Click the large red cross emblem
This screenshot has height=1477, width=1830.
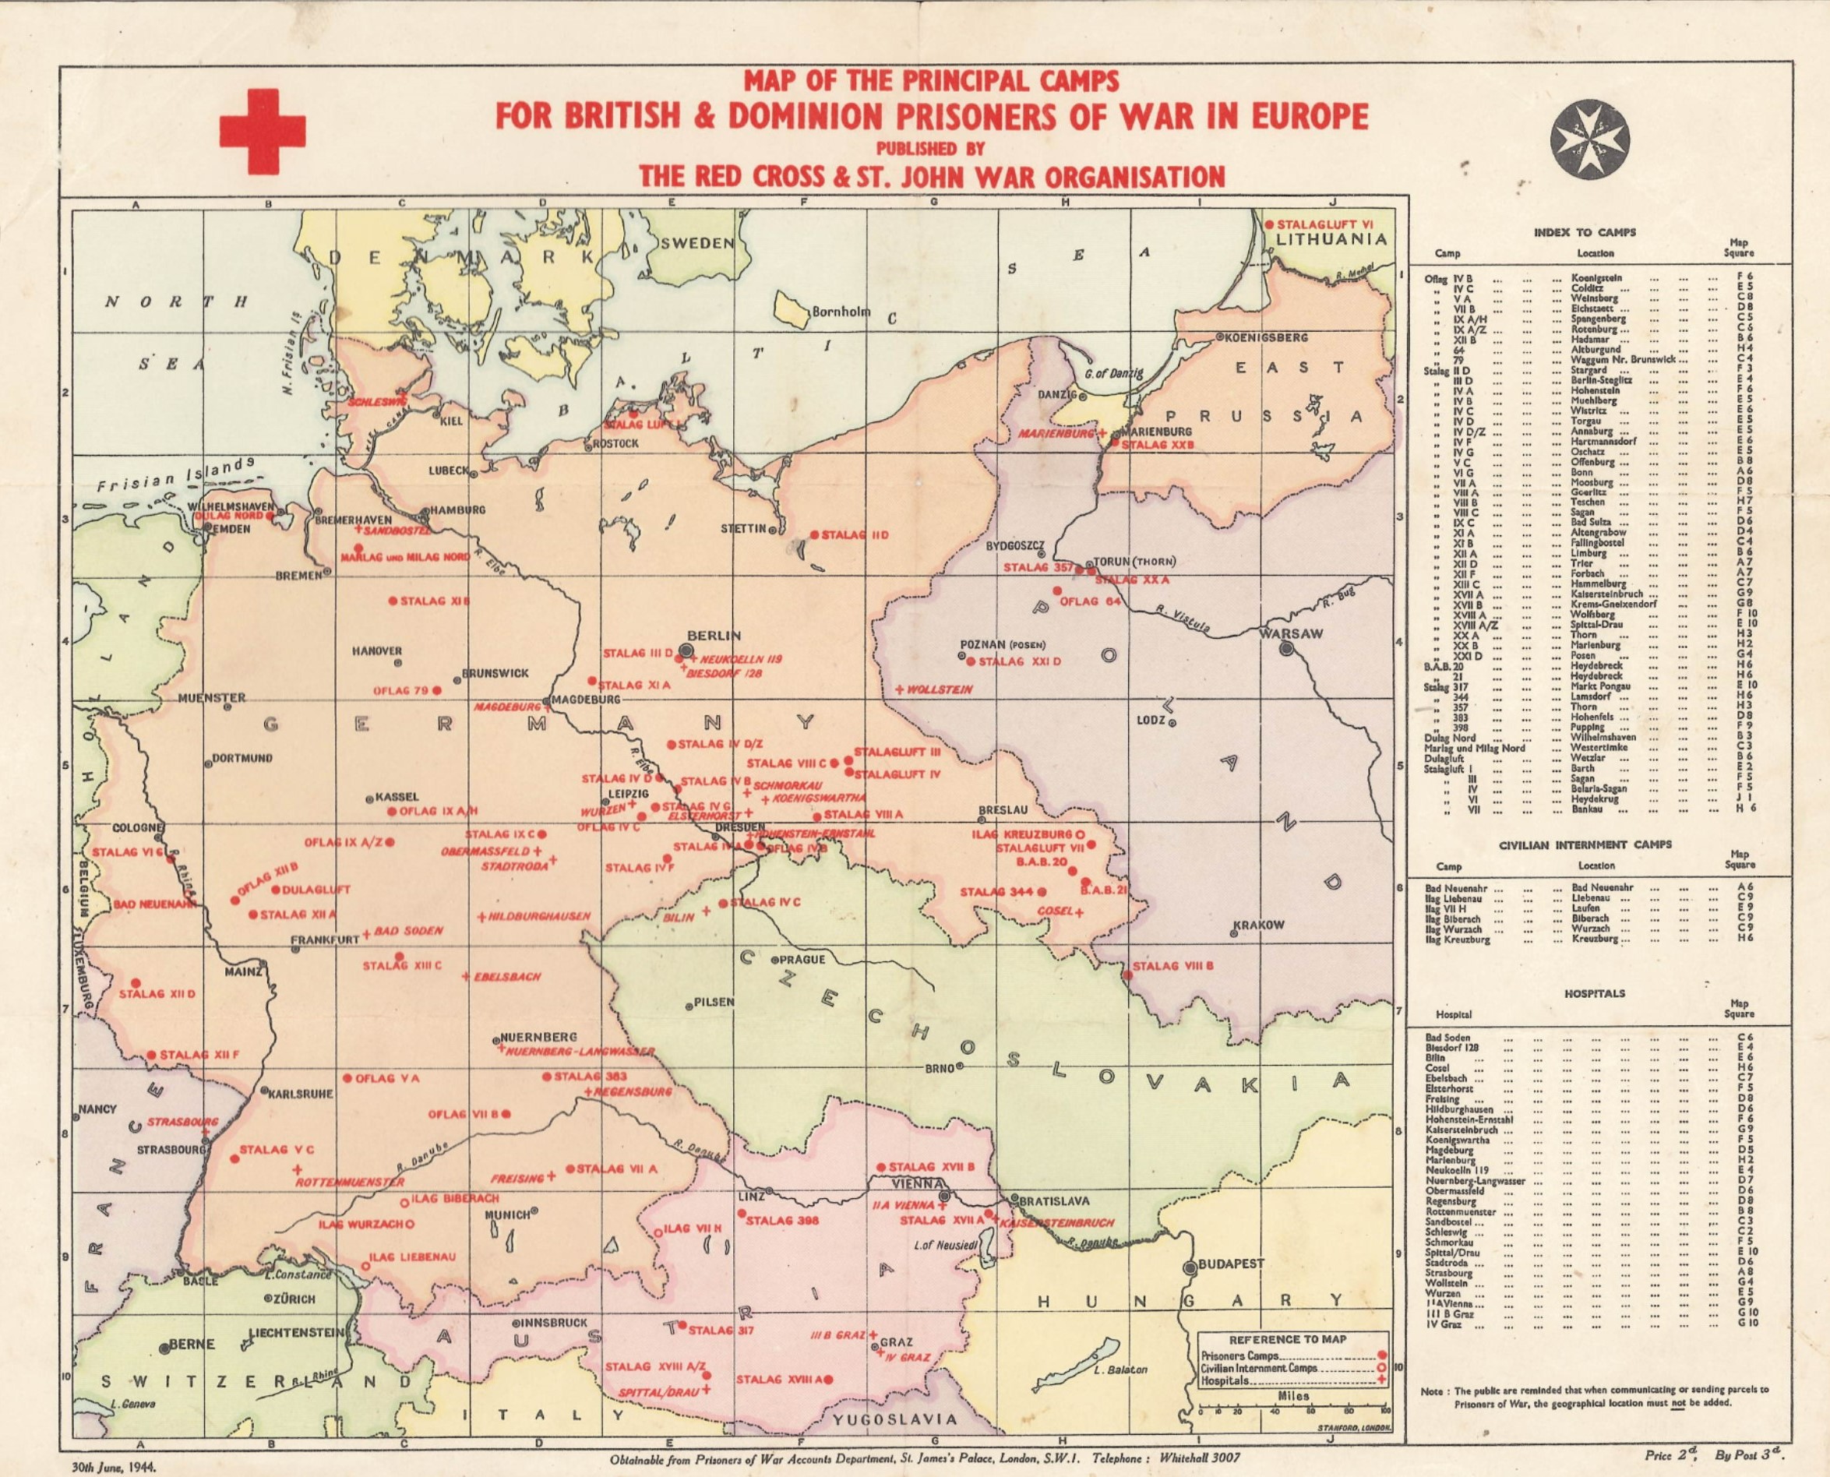(x=263, y=131)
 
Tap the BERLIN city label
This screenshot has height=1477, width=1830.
(x=714, y=635)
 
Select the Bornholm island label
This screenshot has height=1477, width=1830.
(x=841, y=312)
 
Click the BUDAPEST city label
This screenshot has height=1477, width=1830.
(x=1231, y=1264)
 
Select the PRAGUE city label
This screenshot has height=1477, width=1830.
(x=802, y=959)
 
